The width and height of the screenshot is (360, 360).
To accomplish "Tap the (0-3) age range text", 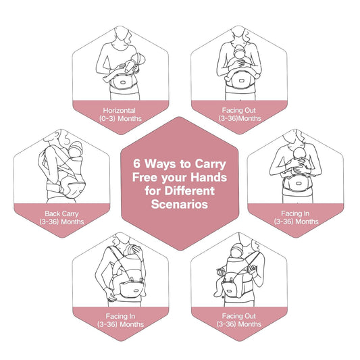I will [106, 118].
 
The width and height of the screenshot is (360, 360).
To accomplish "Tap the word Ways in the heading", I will [158, 162].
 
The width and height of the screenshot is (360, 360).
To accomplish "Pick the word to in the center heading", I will [187, 162].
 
